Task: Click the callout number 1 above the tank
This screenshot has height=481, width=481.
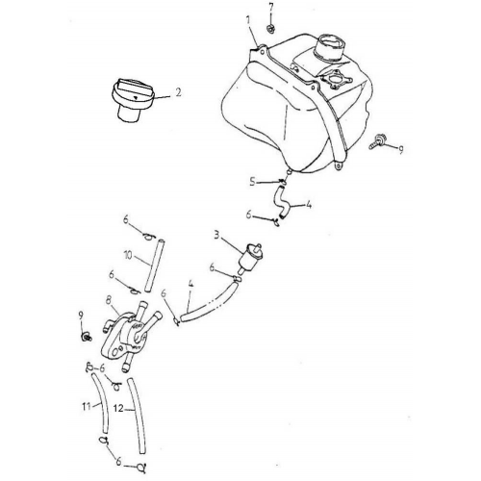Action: (x=248, y=20)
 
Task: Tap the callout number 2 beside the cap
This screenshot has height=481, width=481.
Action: (x=178, y=92)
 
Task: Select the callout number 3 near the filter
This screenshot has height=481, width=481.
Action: (x=217, y=236)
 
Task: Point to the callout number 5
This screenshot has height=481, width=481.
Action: (x=253, y=182)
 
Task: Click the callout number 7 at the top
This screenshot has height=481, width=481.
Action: (x=271, y=7)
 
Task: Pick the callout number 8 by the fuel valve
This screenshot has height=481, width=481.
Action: (x=109, y=300)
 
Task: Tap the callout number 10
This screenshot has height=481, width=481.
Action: (x=128, y=256)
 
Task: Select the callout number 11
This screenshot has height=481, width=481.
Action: (x=87, y=407)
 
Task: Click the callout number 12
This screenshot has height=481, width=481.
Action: (x=118, y=408)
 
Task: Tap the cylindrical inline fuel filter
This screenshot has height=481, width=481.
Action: (x=250, y=258)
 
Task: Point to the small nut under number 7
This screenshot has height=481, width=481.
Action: (x=270, y=29)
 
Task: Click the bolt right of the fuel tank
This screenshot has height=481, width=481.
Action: (x=376, y=141)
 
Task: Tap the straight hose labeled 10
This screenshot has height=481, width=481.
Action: (x=154, y=265)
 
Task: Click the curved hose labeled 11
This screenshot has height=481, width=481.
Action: (x=101, y=403)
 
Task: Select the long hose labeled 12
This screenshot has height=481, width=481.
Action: (x=139, y=416)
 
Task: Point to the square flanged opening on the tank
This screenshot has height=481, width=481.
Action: (x=335, y=78)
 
